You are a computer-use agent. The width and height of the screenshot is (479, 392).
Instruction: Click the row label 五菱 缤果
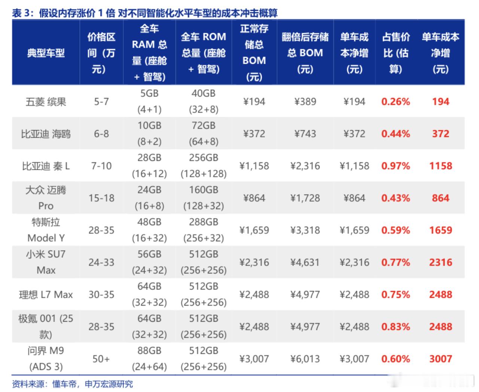click(x=46, y=102)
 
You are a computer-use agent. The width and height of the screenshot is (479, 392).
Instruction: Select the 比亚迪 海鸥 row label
click(x=46, y=134)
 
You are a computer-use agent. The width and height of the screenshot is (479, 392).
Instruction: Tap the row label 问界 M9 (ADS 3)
click(x=46, y=359)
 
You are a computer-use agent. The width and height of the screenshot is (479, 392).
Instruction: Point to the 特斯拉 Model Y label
click(x=46, y=230)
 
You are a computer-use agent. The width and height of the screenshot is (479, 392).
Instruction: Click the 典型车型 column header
click(x=46, y=53)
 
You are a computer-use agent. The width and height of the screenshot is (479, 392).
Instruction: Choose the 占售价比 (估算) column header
click(x=396, y=53)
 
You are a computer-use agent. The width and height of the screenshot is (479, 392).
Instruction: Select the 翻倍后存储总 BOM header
click(x=305, y=53)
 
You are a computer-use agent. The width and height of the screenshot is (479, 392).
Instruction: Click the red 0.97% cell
click(x=396, y=166)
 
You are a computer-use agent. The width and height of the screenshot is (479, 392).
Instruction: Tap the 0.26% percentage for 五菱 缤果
click(x=396, y=102)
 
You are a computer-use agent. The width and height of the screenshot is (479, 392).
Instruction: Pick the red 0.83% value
click(x=396, y=327)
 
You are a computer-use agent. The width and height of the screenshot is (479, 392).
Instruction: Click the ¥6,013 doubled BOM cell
click(x=305, y=359)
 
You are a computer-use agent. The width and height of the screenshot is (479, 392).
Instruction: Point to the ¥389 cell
click(x=305, y=102)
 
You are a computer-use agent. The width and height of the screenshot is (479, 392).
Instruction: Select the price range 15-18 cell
click(x=101, y=198)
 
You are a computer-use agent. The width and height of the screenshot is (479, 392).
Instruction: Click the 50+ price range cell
click(x=101, y=359)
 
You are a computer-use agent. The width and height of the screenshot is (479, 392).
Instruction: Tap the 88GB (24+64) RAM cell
click(x=149, y=359)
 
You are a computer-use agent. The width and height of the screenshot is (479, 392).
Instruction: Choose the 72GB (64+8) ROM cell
click(x=204, y=134)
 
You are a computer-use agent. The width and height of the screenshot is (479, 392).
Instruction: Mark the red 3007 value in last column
click(x=440, y=359)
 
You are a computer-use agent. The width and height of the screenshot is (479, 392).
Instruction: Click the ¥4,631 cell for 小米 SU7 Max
click(x=305, y=263)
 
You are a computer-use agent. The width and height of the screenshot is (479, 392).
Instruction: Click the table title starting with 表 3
click(x=144, y=13)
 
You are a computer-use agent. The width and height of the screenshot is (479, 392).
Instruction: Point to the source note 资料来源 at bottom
click(x=72, y=384)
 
